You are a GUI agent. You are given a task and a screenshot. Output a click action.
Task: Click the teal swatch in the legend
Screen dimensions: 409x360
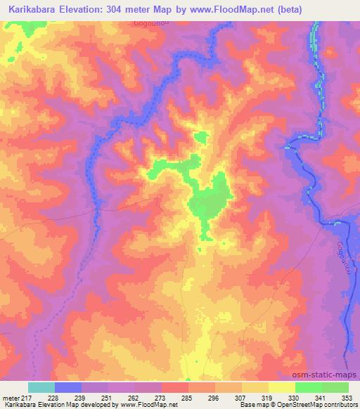[41, 388]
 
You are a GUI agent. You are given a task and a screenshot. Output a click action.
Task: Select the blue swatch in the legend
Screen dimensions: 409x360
[68, 388]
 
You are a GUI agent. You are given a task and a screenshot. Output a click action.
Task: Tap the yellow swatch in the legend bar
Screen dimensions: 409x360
[282, 388]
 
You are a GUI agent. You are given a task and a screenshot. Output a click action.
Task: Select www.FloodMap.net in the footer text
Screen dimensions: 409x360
[146, 405]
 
